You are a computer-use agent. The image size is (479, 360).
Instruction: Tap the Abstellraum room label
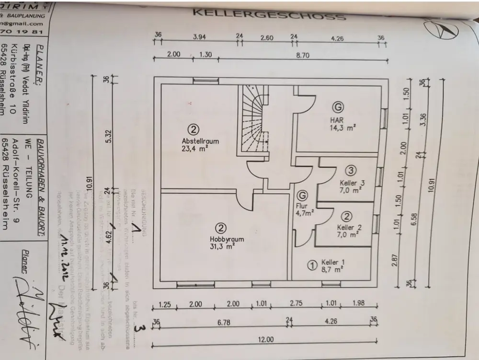point(200,141)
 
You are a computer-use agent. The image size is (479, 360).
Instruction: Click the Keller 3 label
point(352,183)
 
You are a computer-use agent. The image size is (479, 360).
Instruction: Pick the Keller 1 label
point(332,262)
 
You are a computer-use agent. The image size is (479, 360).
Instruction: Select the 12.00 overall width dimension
point(266,339)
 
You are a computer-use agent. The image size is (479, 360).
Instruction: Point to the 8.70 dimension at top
point(303,55)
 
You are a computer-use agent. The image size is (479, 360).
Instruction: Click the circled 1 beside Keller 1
point(311,265)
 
